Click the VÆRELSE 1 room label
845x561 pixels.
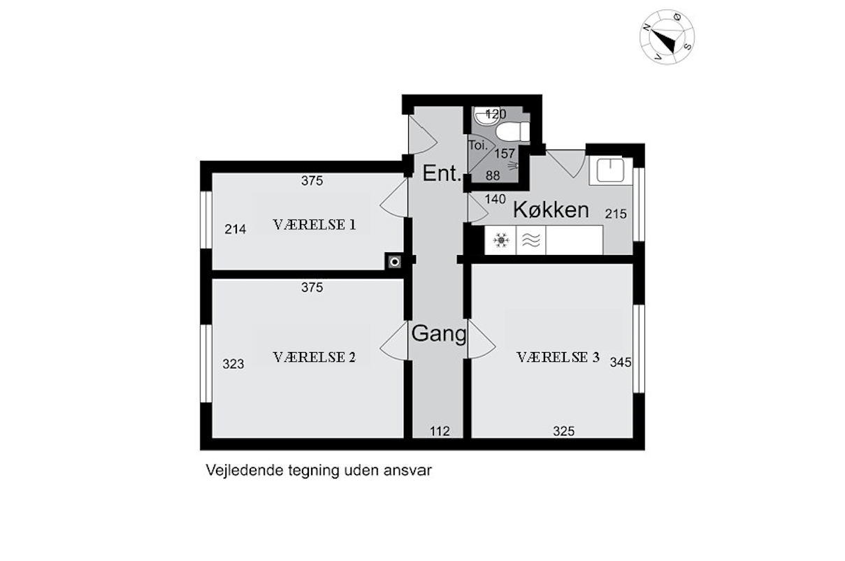(x=315, y=225)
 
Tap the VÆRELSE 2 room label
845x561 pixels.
(x=315, y=357)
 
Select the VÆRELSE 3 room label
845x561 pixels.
(x=558, y=357)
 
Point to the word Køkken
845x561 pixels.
(x=551, y=210)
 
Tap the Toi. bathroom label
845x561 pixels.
(x=478, y=145)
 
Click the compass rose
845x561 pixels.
(x=667, y=37)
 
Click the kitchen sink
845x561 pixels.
(x=610, y=170)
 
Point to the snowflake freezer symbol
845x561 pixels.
(x=501, y=240)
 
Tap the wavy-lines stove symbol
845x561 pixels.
(x=530, y=240)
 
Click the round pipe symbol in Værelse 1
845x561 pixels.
(x=395, y=262)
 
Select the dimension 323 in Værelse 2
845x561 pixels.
(x=233, y=364)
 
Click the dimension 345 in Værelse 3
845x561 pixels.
(x=621, y=363)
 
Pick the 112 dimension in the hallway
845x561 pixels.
(x=440, y=431)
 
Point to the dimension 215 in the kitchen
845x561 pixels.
(x=616, y=214)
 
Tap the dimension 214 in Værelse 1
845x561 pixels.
(x=236, y=229)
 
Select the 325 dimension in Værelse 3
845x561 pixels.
(x=564, y=431)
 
